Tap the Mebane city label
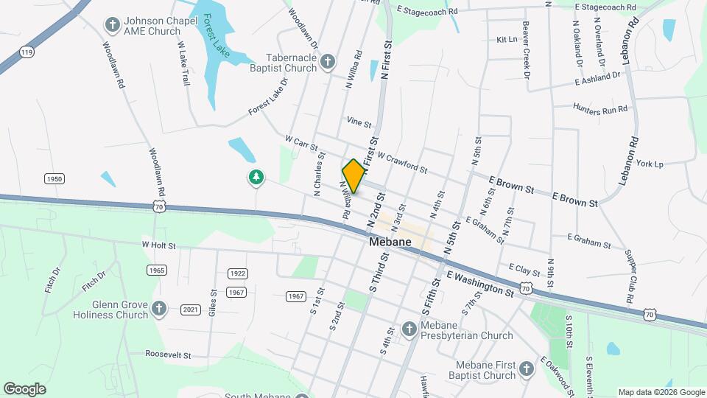(391, 242)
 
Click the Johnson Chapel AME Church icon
(113, 26)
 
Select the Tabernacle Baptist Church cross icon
(328, 62)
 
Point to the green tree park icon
(256, 177)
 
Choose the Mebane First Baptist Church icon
(527, 369)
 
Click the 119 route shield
(27, 52)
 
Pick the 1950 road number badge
(54, 179)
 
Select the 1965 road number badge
(156, 270)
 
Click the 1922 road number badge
(236, 273)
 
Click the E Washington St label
(479, 284)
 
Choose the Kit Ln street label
(507, 39)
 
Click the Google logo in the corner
(25, 388)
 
